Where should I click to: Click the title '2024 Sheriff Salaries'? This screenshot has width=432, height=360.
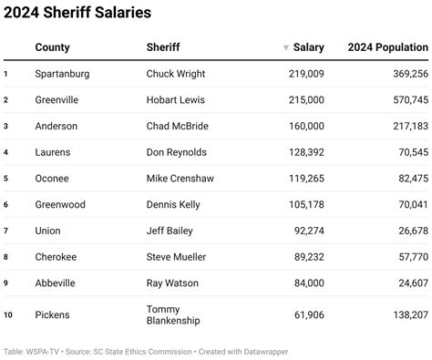pyautogui.click(x=77, y=13)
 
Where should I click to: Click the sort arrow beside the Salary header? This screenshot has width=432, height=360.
pyautogui.click(x=286, y=47)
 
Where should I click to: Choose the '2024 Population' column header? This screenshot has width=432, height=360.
pyautogui.click(x=387, y=46)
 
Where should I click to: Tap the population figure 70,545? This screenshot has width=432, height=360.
pyautogui.click(x=406, y=152)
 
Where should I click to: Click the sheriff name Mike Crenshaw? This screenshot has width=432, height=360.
pyautogui.click(x=181, y=179)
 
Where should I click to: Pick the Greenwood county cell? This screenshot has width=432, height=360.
pyautogui.click(x=60, y=204)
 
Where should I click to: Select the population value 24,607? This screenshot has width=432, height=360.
pyautogui.click(x=406, y=283)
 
